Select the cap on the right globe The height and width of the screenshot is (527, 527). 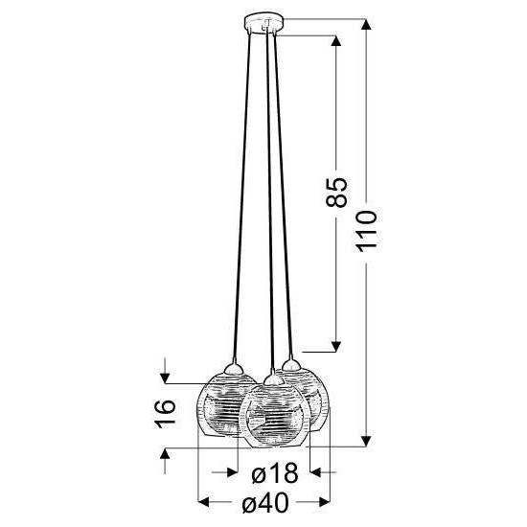(290, 364)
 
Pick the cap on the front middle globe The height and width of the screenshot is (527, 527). (274, 381)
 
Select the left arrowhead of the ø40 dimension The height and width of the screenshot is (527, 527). (202, 500)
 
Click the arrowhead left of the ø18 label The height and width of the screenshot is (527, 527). (232, 472)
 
